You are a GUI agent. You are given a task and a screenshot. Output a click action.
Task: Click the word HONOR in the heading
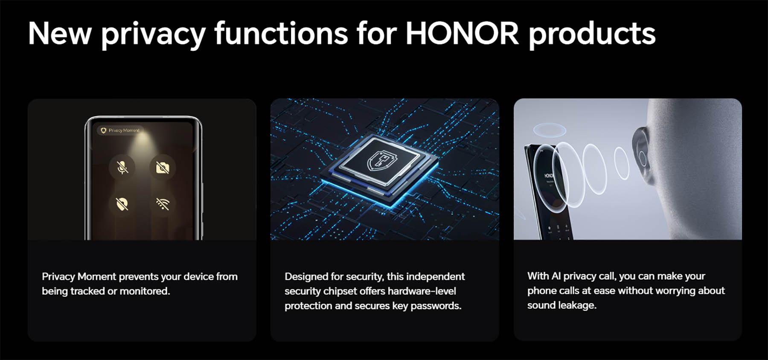(462, 33)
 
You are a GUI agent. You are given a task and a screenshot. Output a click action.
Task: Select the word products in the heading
(592, 34)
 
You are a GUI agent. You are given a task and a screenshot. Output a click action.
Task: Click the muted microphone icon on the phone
(122, 167)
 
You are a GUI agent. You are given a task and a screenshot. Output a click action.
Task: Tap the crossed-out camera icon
(163, 167)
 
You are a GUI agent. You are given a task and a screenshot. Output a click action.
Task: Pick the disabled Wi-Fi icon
(163, 204)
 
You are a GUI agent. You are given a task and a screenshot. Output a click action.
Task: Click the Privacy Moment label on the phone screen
(123, 130)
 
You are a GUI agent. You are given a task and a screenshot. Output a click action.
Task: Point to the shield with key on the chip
(382, 161)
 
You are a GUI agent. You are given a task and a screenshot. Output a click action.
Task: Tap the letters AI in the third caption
(556, 276)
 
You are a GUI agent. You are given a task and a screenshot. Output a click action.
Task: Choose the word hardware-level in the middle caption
(422, 291)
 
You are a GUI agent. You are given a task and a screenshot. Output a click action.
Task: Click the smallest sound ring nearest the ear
(622, 163)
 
